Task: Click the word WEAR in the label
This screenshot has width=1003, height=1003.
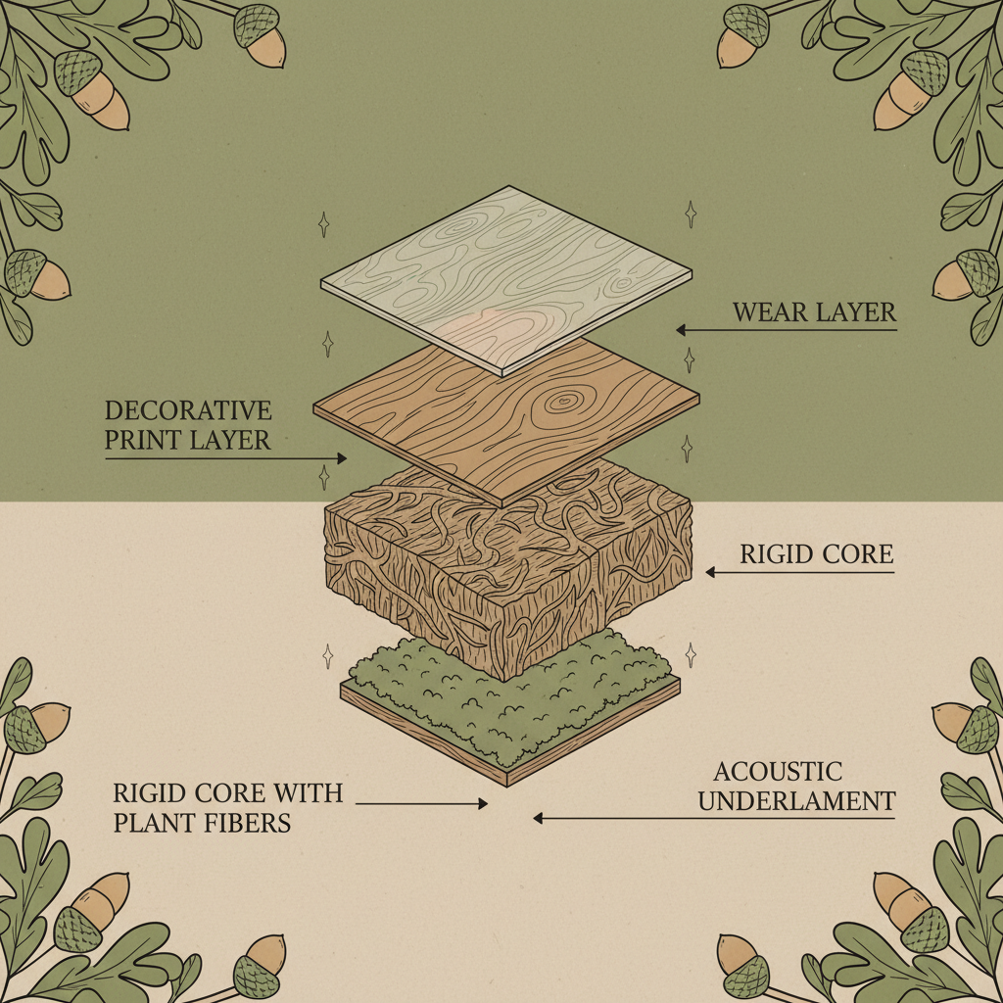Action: coord(764,312)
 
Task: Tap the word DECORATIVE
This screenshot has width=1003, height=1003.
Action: coord(188,410)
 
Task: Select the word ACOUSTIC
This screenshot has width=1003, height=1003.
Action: coord(777,772)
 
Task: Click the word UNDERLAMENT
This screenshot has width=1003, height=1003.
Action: coord(796,801)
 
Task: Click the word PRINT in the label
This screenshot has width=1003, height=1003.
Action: coord(138,440)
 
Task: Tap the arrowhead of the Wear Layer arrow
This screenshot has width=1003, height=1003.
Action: coord(682,330)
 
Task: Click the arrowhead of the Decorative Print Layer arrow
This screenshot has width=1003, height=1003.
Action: coord(342,458)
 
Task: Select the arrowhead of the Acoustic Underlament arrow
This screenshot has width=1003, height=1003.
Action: coord(539,818)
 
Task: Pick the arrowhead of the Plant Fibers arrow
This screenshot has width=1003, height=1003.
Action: coord(483,803)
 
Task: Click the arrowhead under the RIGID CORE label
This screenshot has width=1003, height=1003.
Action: coord(711,572)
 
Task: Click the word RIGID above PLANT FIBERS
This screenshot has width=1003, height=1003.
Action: coord(150,793)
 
